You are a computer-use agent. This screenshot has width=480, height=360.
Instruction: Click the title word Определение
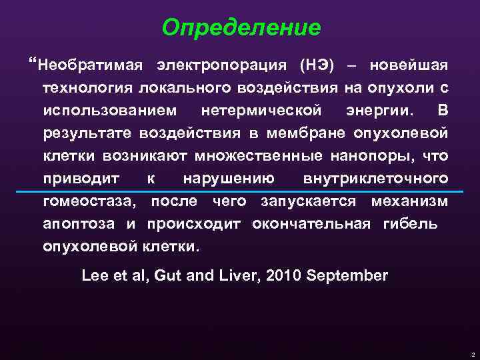(x=241, y=27)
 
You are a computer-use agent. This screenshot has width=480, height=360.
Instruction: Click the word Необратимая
(x=89, y=66)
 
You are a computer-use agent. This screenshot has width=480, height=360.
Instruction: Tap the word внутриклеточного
(x=375, y=178)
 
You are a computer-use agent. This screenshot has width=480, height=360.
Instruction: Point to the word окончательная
(x=311, y=223)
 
